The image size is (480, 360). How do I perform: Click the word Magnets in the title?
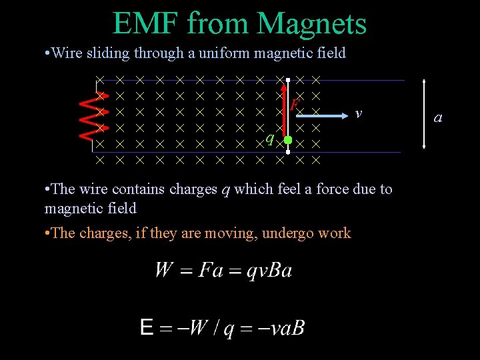[311, 23]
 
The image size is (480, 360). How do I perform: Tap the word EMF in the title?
[147, 23]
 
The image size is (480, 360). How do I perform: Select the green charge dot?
[288, 140]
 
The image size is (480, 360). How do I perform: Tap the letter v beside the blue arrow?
[359, 113]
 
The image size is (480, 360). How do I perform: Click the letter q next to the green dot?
[269, 138]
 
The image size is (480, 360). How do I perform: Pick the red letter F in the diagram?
[294, 104]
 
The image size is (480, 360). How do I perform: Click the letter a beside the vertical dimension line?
[438, 118]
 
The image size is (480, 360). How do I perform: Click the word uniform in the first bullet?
[214, 53]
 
